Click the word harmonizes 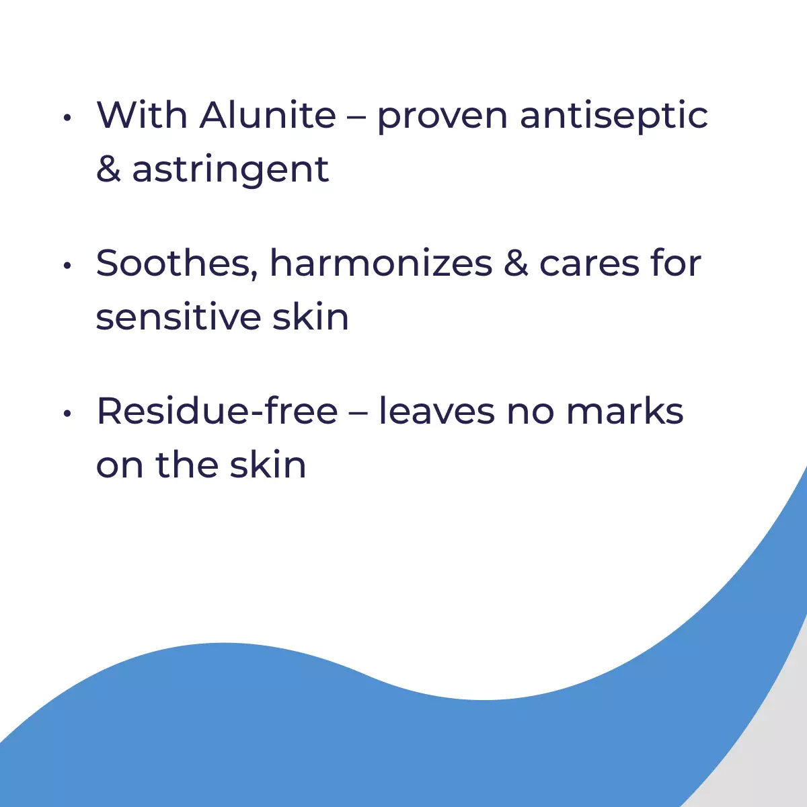click(x=381, y=262)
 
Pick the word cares click(x=589, y=267)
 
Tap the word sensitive click(x=179, y=317)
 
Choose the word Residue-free click(x=217, y=412)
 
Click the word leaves click(x=437, y=412)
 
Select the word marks click(x=625, y=412)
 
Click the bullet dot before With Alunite click(x=67, y=118)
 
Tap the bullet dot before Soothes click(x=67, y=266)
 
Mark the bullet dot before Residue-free click(x=67, y=414)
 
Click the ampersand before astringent click(x=108, y=169)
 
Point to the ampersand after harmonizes click(x=516, y=263)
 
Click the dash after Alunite click(x=357, y=119)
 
